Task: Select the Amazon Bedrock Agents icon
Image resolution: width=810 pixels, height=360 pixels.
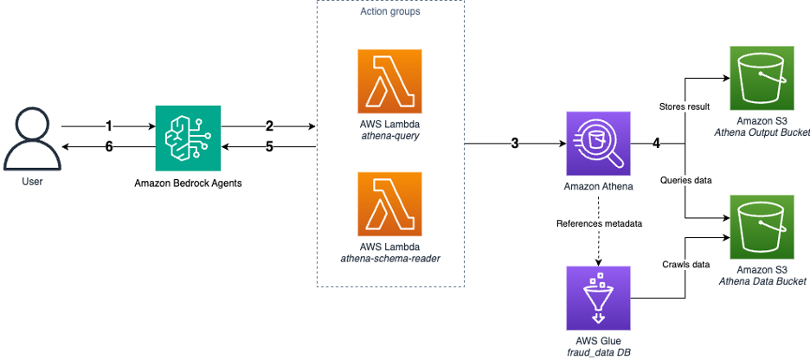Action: pos(188,138)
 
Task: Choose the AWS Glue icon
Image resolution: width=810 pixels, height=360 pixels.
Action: pos(599,298)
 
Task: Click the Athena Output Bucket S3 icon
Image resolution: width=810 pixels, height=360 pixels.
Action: pos(762,78)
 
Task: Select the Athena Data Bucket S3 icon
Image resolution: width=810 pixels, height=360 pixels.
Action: pos(762,228)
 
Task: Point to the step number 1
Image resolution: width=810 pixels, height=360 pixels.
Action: pos(108,126)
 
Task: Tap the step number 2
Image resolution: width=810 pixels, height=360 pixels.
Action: pos(269,126)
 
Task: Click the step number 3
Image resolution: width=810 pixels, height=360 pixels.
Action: pos(515,144)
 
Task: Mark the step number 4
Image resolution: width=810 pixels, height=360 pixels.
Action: pos(656,144)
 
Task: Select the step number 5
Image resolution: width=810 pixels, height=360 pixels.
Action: pos(269,147)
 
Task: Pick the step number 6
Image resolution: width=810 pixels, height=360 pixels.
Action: pos(108,147)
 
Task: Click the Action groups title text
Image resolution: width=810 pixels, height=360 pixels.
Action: pos(390,11)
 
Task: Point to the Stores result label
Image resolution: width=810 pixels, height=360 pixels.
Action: pos(685,107)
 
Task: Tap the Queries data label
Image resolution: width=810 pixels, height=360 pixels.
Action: pos(686,180)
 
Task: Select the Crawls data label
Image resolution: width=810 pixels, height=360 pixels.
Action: pos(685,264)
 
